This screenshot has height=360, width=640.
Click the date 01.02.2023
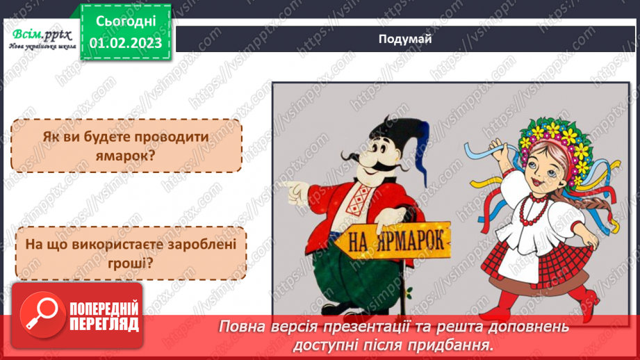[x=126, y=43]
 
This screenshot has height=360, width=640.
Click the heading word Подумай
[x=405, y=39]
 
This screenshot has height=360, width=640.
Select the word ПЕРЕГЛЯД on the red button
[x=104, y=325]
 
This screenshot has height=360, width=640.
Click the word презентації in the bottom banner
[x=392, y=326]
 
